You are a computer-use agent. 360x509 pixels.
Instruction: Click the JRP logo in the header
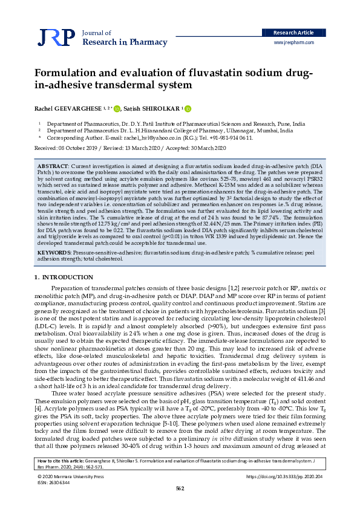coord(55,37)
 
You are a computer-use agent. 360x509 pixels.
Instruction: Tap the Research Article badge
coord(293,32)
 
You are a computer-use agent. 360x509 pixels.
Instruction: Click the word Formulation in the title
coord(70,74)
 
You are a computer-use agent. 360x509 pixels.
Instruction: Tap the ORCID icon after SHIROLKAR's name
coord(187,109)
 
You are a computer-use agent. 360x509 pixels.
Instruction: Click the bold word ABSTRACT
coord(53,165)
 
